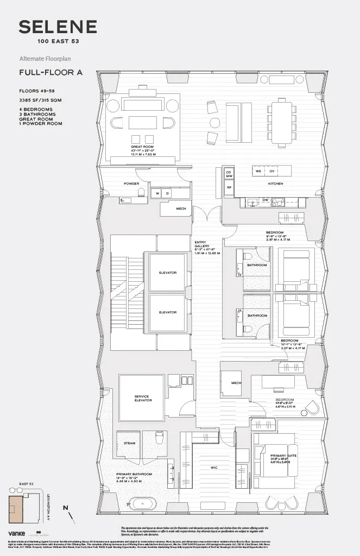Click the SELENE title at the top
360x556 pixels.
[x=58, y=27]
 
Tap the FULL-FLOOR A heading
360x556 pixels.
[x=50, y=72]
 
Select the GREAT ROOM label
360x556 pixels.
[x=143, y=147]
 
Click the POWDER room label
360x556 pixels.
[x=131, y=184]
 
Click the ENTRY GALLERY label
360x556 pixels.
[x=202, y=245]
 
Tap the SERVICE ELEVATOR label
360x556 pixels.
[x=142, y=398]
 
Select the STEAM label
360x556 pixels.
[x=129, y=443]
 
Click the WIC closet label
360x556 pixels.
[x=214, y=467]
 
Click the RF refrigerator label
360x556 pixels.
[x=229, y=187]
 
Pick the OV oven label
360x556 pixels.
[x=272, y=171]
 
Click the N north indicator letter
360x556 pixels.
[x=65, y=508]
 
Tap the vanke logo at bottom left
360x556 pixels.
[x=17, y=534]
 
